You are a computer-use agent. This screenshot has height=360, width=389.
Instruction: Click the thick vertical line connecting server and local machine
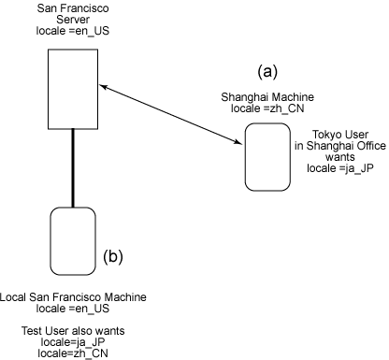73,167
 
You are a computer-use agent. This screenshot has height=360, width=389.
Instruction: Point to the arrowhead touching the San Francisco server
105,87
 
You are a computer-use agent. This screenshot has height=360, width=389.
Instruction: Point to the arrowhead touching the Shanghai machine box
239,142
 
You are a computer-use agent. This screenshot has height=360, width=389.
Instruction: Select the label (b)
113,255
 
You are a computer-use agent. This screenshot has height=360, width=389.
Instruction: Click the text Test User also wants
73,331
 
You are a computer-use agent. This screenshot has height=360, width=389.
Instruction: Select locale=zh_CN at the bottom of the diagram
73,353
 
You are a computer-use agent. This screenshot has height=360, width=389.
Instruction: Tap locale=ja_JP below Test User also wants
73,342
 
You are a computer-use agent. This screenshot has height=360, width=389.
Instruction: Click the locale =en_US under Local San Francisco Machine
73,308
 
